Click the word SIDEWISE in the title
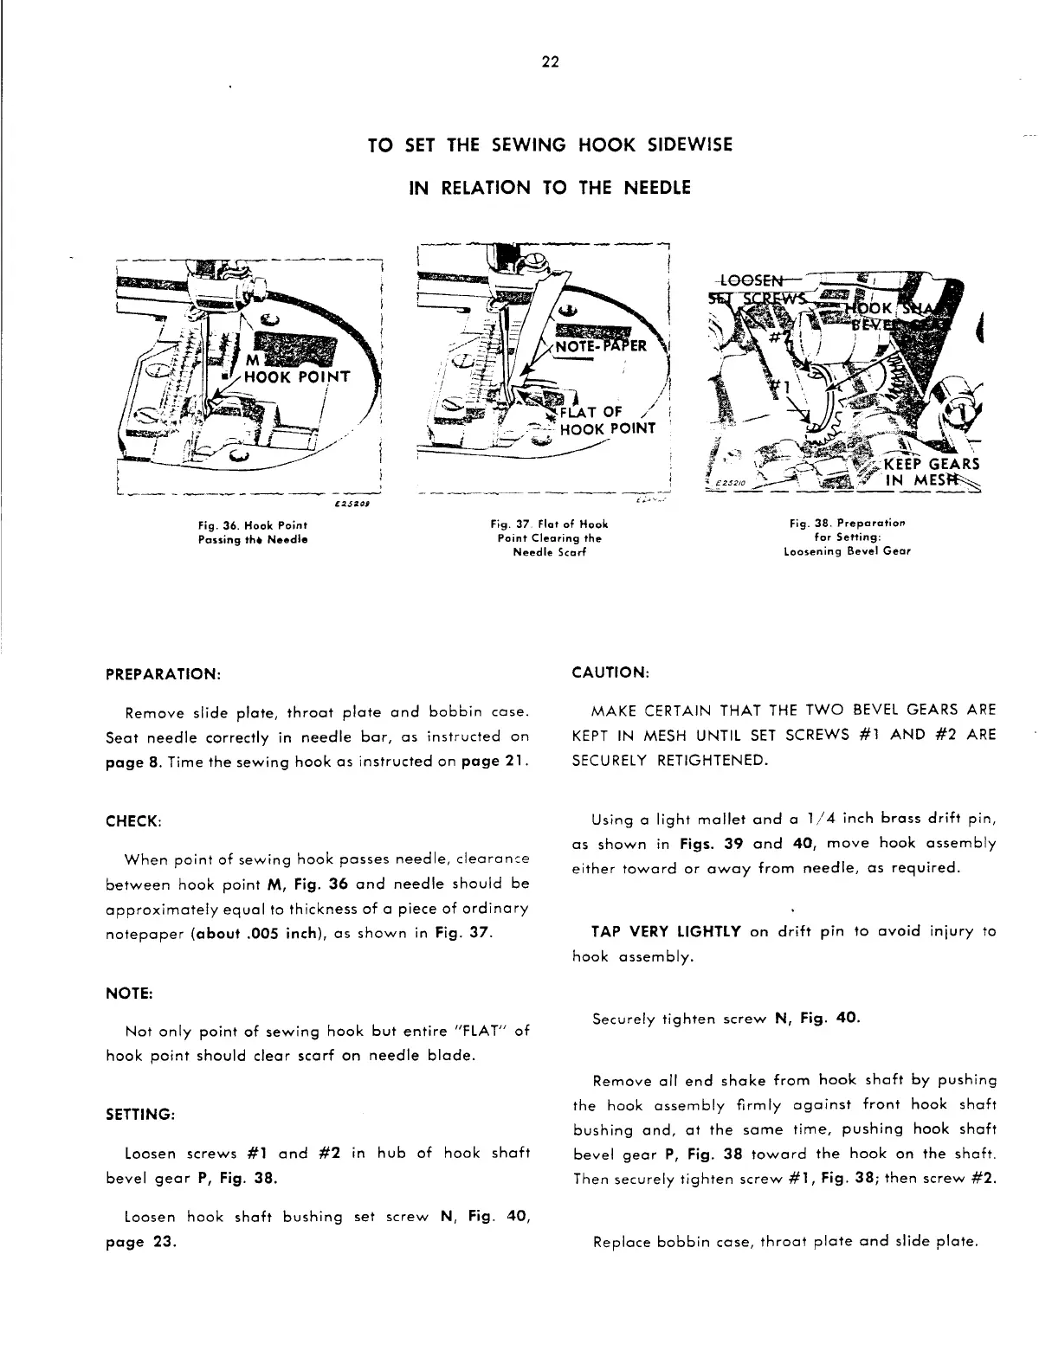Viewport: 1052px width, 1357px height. click(678, 145)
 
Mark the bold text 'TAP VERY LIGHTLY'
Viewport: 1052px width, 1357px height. click(665, 932)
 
